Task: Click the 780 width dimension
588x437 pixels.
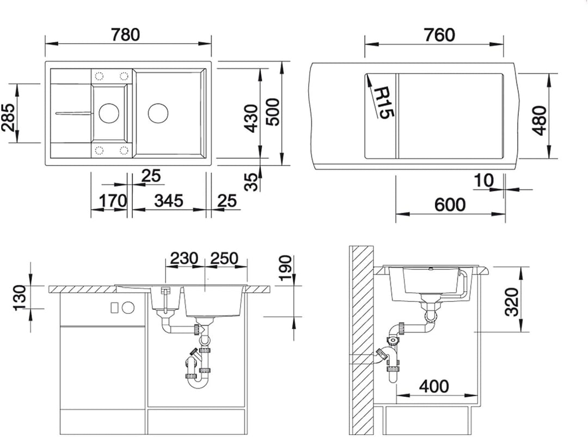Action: click(126, 34)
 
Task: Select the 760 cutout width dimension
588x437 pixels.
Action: click(439, 35)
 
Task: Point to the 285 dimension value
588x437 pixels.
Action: click(8, 116)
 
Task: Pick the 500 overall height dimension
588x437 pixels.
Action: click(272, 112)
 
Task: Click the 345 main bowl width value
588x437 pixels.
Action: click(169, 201)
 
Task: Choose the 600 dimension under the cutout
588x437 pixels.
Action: click(450, 205)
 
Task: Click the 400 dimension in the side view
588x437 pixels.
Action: click(434, 386)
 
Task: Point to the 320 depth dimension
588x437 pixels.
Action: click(511, 302)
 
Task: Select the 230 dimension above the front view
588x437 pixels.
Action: click(184, 258)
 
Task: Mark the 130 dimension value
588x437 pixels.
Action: click(20, 298)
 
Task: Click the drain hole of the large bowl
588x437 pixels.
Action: click(158, 113)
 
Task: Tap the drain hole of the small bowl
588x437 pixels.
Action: click(109, 112)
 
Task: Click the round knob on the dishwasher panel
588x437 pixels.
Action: click(128, 307)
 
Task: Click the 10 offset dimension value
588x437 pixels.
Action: click(484, 180)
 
